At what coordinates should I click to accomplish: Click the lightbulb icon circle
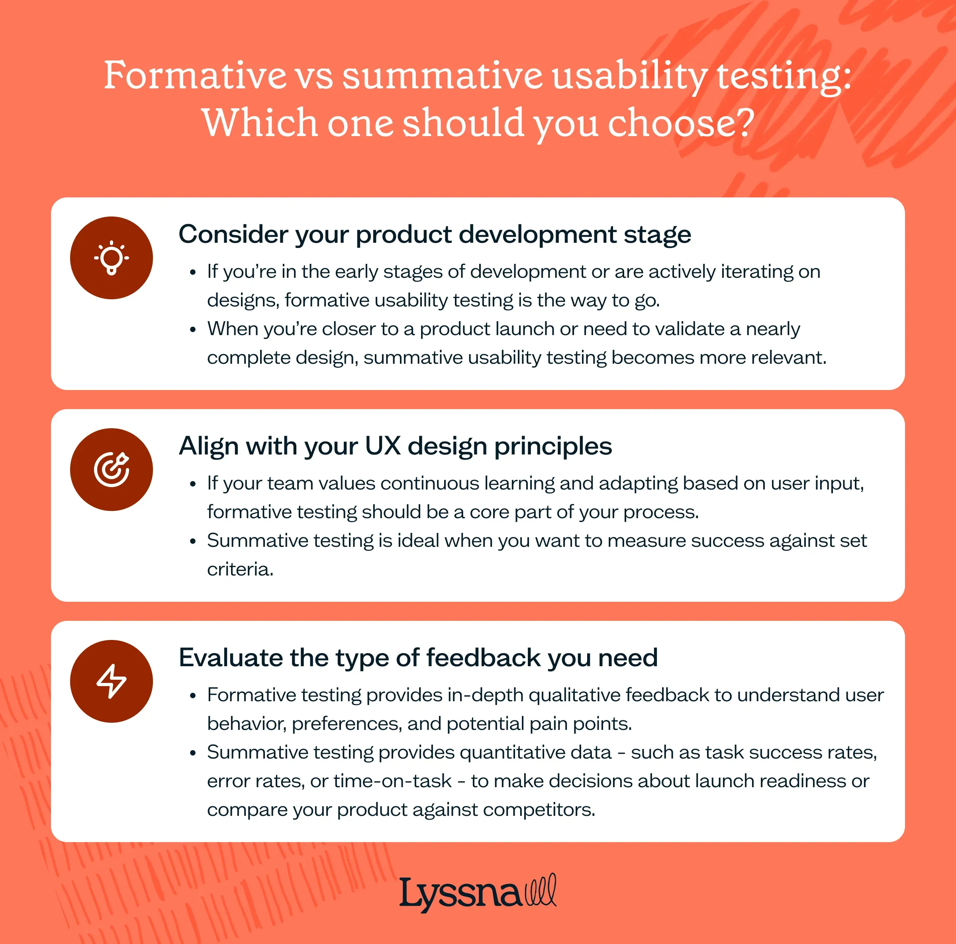112,257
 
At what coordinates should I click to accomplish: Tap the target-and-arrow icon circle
112,469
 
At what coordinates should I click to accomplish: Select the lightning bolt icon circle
112,681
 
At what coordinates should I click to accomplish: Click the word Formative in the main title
195,75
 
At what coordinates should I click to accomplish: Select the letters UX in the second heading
382,446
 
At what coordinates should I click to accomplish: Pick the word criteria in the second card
240,569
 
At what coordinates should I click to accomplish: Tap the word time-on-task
392,781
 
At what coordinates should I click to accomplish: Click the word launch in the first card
525,329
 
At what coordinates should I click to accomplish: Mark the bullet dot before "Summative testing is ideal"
193,541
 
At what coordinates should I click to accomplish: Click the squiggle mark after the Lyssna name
541,890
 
